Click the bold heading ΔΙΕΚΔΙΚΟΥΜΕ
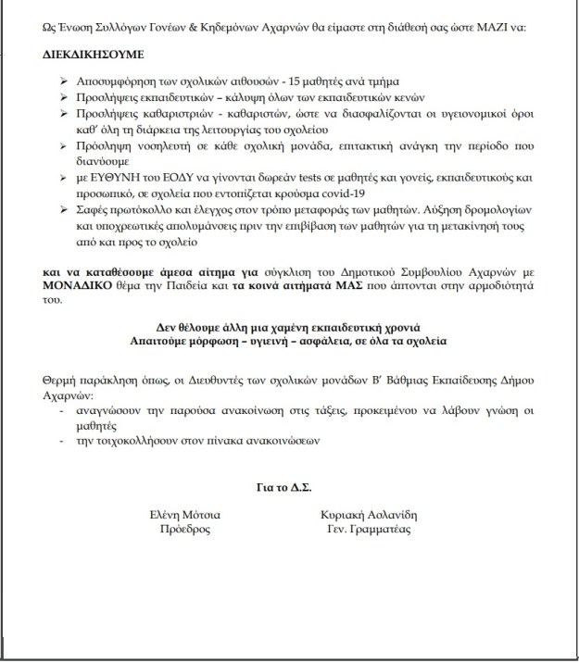90,55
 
